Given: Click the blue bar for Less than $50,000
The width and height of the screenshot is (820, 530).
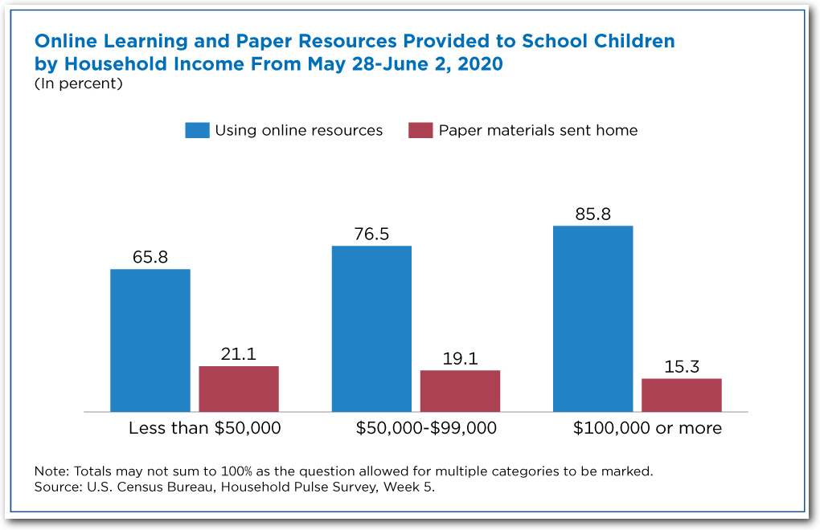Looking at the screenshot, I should pos(150,340).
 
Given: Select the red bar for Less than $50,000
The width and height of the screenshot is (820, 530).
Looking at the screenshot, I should pos(239,389).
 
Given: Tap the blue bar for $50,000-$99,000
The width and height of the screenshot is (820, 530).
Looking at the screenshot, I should pos(371,329).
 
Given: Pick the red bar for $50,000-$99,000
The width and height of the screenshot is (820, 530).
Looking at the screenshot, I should pos(460,391).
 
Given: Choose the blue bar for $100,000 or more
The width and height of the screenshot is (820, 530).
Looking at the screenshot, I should pos(592,319).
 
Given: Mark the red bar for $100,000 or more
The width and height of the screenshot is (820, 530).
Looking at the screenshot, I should pos(681,395).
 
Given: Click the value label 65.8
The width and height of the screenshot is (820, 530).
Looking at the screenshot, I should pos(150,258).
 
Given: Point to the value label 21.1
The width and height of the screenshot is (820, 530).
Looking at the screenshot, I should pos(239,354).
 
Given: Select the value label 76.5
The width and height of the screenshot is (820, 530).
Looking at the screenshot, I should pos(371,234).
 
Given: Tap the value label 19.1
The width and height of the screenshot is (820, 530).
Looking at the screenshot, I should pos(460,359).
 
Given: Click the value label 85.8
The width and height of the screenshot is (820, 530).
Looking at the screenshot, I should pos(592,214).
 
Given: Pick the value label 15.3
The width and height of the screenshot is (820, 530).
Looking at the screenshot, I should pos(681,367).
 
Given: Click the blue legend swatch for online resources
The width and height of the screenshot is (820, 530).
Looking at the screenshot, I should pos(197,130).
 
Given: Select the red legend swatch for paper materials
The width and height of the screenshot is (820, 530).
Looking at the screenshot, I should pos(420,130).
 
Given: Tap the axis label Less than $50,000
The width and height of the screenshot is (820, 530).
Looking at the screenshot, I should pos(205,428).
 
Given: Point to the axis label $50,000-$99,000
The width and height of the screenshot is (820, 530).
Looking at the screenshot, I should pos(426,428).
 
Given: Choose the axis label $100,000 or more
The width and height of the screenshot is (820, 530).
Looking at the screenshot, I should pos(647,428).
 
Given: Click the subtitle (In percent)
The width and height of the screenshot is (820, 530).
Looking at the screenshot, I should pos(78,83).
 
